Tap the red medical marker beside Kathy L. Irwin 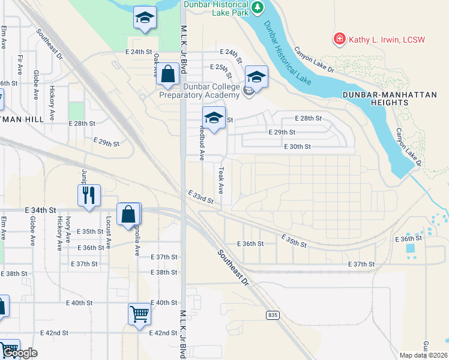point(340,39)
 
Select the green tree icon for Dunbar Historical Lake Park point(258,7)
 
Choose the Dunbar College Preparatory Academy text point(200,91)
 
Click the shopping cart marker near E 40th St point(139,313)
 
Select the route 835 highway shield point(273,315)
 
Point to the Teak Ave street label point(221,180)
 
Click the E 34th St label point(40,211)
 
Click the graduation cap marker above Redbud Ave point(214,116)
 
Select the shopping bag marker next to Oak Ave point(169,75)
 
